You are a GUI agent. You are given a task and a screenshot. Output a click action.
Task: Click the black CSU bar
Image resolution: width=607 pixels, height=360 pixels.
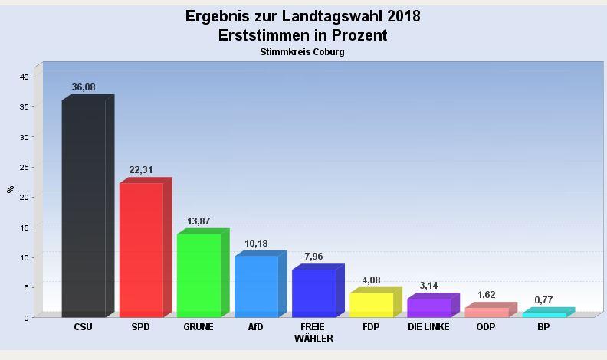tap(84, 208)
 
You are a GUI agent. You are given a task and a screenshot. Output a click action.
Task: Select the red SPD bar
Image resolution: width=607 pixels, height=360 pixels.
tap(141, 250)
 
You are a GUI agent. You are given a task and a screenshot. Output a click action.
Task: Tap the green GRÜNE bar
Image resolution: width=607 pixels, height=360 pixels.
tap(199, 275)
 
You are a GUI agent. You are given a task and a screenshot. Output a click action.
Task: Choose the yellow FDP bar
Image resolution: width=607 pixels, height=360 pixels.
tap(371, 304)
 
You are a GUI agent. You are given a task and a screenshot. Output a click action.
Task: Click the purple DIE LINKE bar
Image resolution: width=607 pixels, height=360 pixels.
tap(428, 307)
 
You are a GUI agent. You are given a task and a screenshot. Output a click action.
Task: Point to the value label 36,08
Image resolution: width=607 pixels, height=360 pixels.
tap(84, 87)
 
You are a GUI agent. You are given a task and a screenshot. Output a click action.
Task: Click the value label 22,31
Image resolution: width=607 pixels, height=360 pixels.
tap(141, 170)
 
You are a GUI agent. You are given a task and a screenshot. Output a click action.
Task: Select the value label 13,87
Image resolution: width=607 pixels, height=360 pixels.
tap(199, 221)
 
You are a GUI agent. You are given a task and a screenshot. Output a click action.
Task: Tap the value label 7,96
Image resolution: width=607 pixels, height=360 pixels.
tap(313, 257)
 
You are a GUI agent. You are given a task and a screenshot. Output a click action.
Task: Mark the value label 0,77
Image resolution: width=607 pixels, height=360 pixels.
tap(543, 299)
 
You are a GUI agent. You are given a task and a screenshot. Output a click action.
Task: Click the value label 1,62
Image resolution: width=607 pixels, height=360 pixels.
tap(486, 295)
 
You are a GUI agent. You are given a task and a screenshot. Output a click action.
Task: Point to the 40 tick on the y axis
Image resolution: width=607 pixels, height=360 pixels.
tap(25, 77)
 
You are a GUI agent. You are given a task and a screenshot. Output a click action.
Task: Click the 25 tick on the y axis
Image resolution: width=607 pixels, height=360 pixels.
tap(25, 167)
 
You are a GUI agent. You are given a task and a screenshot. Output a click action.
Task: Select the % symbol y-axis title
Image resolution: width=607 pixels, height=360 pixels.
tap(10, 189)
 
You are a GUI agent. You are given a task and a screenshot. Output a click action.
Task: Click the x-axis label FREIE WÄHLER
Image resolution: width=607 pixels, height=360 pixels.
tap(313, 332)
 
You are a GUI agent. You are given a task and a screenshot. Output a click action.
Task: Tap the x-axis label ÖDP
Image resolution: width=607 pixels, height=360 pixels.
tap(486, 327)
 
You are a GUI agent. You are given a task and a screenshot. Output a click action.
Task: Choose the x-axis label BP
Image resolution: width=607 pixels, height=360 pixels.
tap(543, 327)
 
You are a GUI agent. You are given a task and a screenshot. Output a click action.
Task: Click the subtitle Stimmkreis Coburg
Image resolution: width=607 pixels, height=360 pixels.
tap(303, 52)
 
